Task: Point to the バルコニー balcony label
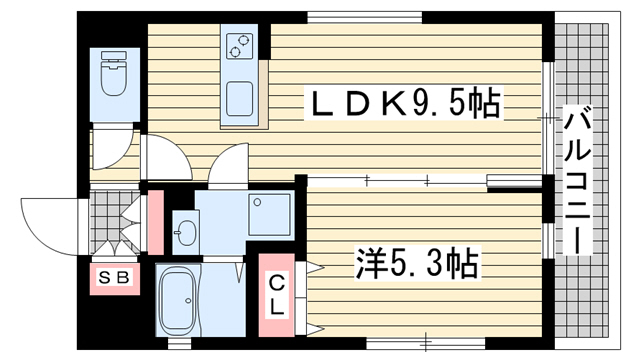click(x=578, y=180)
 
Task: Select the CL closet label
click(x=277, y=295)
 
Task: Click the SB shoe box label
click(x=115, y=278)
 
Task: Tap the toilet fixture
click(x=114, y=73)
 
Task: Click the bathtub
click(x=179, y=301)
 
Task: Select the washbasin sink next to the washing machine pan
click(x=187, y=233)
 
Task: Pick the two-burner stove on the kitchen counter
click(x=239, y=46)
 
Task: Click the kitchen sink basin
click(x=240, y=98)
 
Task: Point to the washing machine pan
click(x=269, y=213)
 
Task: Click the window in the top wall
click(x=364, y=18)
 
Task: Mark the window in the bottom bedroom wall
click(x=425, y=343)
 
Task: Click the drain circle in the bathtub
click(x=188, y=301)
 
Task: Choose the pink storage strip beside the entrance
click(x=156, y=222)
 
